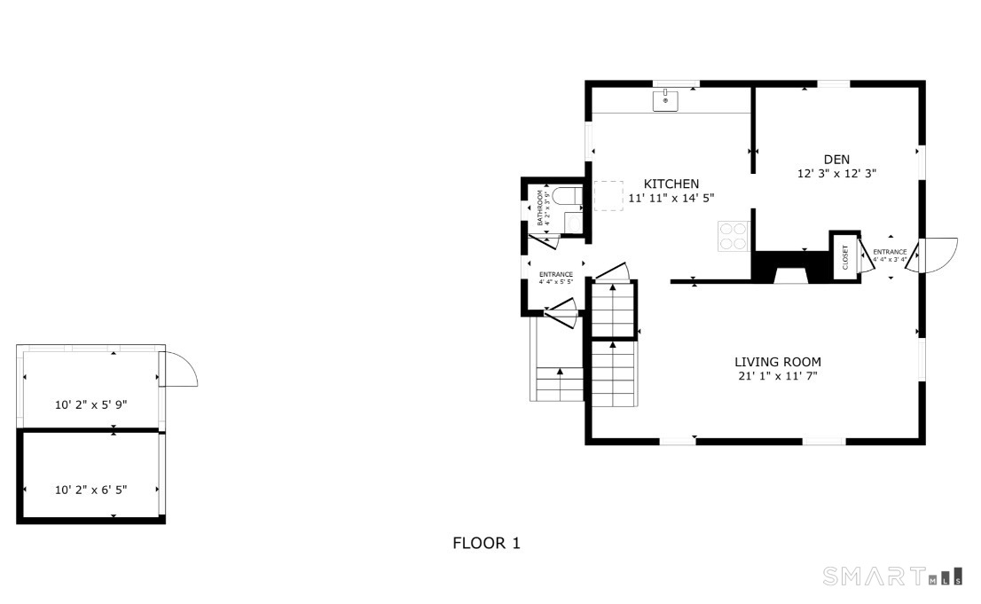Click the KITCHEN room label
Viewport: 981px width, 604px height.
[671, 184]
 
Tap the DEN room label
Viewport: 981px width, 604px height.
[836, 160]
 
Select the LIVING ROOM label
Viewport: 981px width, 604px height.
[777, 362]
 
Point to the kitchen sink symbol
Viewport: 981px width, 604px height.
[665, 100]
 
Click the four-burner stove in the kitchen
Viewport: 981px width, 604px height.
[733, 235]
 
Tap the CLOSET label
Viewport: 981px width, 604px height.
[844, 257]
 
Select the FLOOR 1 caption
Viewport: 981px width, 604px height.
[486, 543]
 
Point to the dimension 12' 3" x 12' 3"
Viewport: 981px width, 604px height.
[836, 175]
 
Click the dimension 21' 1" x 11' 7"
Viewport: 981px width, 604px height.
[777, 377]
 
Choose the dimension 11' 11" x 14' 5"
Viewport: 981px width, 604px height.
[671, 199]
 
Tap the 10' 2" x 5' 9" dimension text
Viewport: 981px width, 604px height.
[91, 404]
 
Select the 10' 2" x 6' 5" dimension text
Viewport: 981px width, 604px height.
[91, 489]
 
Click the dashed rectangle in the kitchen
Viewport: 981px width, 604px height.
[608, 195]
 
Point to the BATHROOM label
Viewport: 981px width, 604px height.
[540, 207]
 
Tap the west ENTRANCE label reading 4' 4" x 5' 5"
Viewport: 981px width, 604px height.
[556, 278]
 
